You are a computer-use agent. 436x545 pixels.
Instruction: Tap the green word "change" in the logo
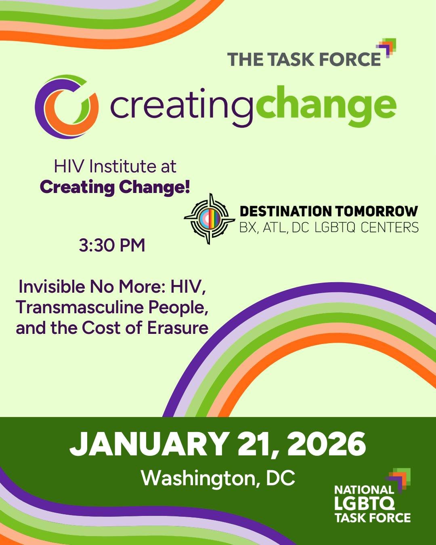[326, 106]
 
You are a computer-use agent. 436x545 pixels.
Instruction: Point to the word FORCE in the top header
[348, 59]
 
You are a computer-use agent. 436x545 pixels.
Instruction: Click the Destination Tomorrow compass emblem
[210, 219]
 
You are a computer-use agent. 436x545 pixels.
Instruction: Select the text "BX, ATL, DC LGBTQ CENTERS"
[329, 228]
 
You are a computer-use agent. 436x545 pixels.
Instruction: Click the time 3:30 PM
[112, 245]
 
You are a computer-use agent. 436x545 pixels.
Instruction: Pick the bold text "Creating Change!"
[115, 187]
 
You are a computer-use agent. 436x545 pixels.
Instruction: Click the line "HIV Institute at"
[115, 166]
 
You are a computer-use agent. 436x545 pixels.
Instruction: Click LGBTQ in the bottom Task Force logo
[365, 503]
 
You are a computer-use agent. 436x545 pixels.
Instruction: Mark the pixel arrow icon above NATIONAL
[399, 480]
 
